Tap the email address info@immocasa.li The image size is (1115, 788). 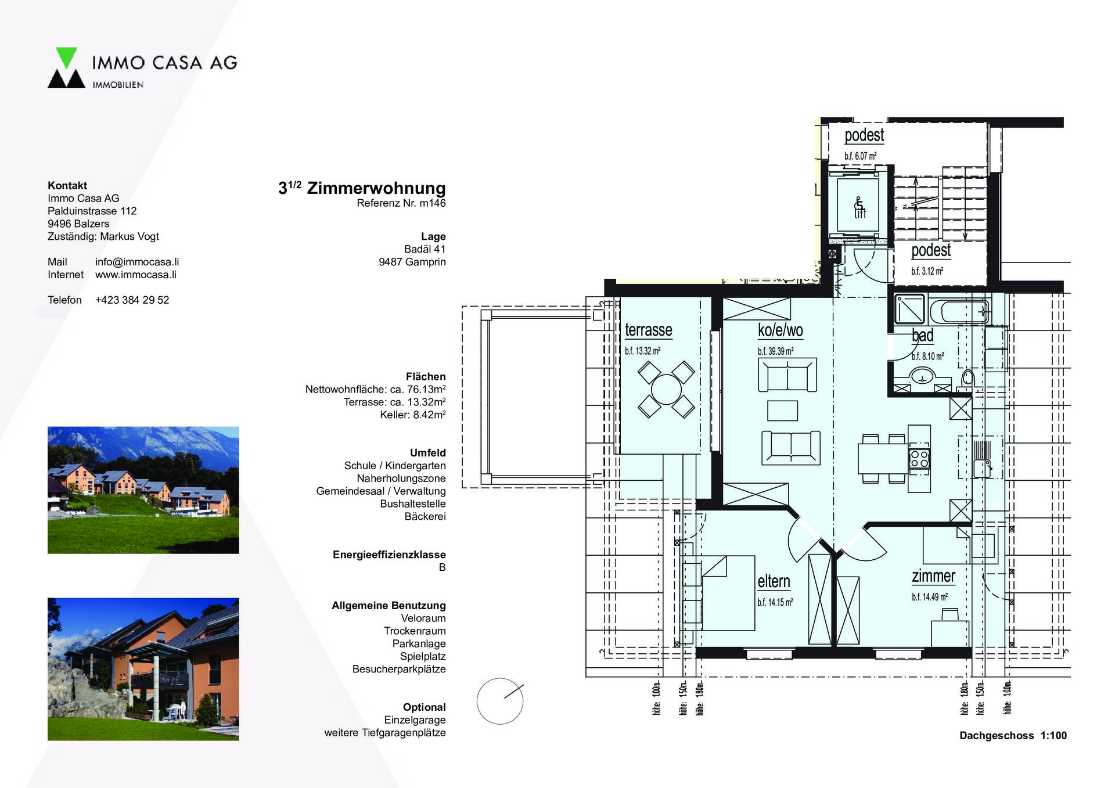click(137, 262)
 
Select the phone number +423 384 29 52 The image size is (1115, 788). click(132, 300)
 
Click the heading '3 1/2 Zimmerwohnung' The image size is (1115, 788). click(362, 188)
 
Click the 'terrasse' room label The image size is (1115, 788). click(649, 330)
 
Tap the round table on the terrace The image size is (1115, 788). click(666, 389)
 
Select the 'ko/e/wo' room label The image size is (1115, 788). click(780, 330)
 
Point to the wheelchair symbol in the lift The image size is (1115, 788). click(859, 206)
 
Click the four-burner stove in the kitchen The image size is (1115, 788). click(919, 458)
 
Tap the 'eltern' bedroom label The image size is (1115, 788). click(774, 581)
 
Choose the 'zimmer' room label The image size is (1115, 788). click(933, 576)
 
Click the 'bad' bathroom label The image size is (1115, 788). click(923, 336)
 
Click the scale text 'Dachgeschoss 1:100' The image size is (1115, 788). click(1013, 736)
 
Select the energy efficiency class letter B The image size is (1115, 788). click(443, 567)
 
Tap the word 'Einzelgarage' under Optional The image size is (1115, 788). click(415, 720)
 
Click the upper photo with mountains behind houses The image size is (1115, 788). click(143, 490)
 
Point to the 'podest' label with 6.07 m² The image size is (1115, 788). click(864, 135)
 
